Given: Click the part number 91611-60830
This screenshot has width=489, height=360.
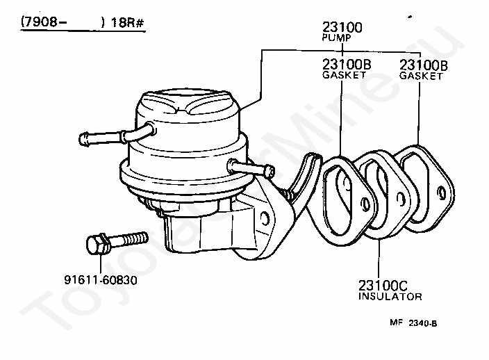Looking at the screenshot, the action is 101,280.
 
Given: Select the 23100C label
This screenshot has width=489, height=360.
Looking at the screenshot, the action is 382,285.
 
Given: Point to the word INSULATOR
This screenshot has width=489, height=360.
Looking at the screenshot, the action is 390,297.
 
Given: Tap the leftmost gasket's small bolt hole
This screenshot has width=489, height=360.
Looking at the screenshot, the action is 365,204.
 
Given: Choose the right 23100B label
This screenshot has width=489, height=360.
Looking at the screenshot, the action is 422,65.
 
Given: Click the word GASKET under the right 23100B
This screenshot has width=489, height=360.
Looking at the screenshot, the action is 421,76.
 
